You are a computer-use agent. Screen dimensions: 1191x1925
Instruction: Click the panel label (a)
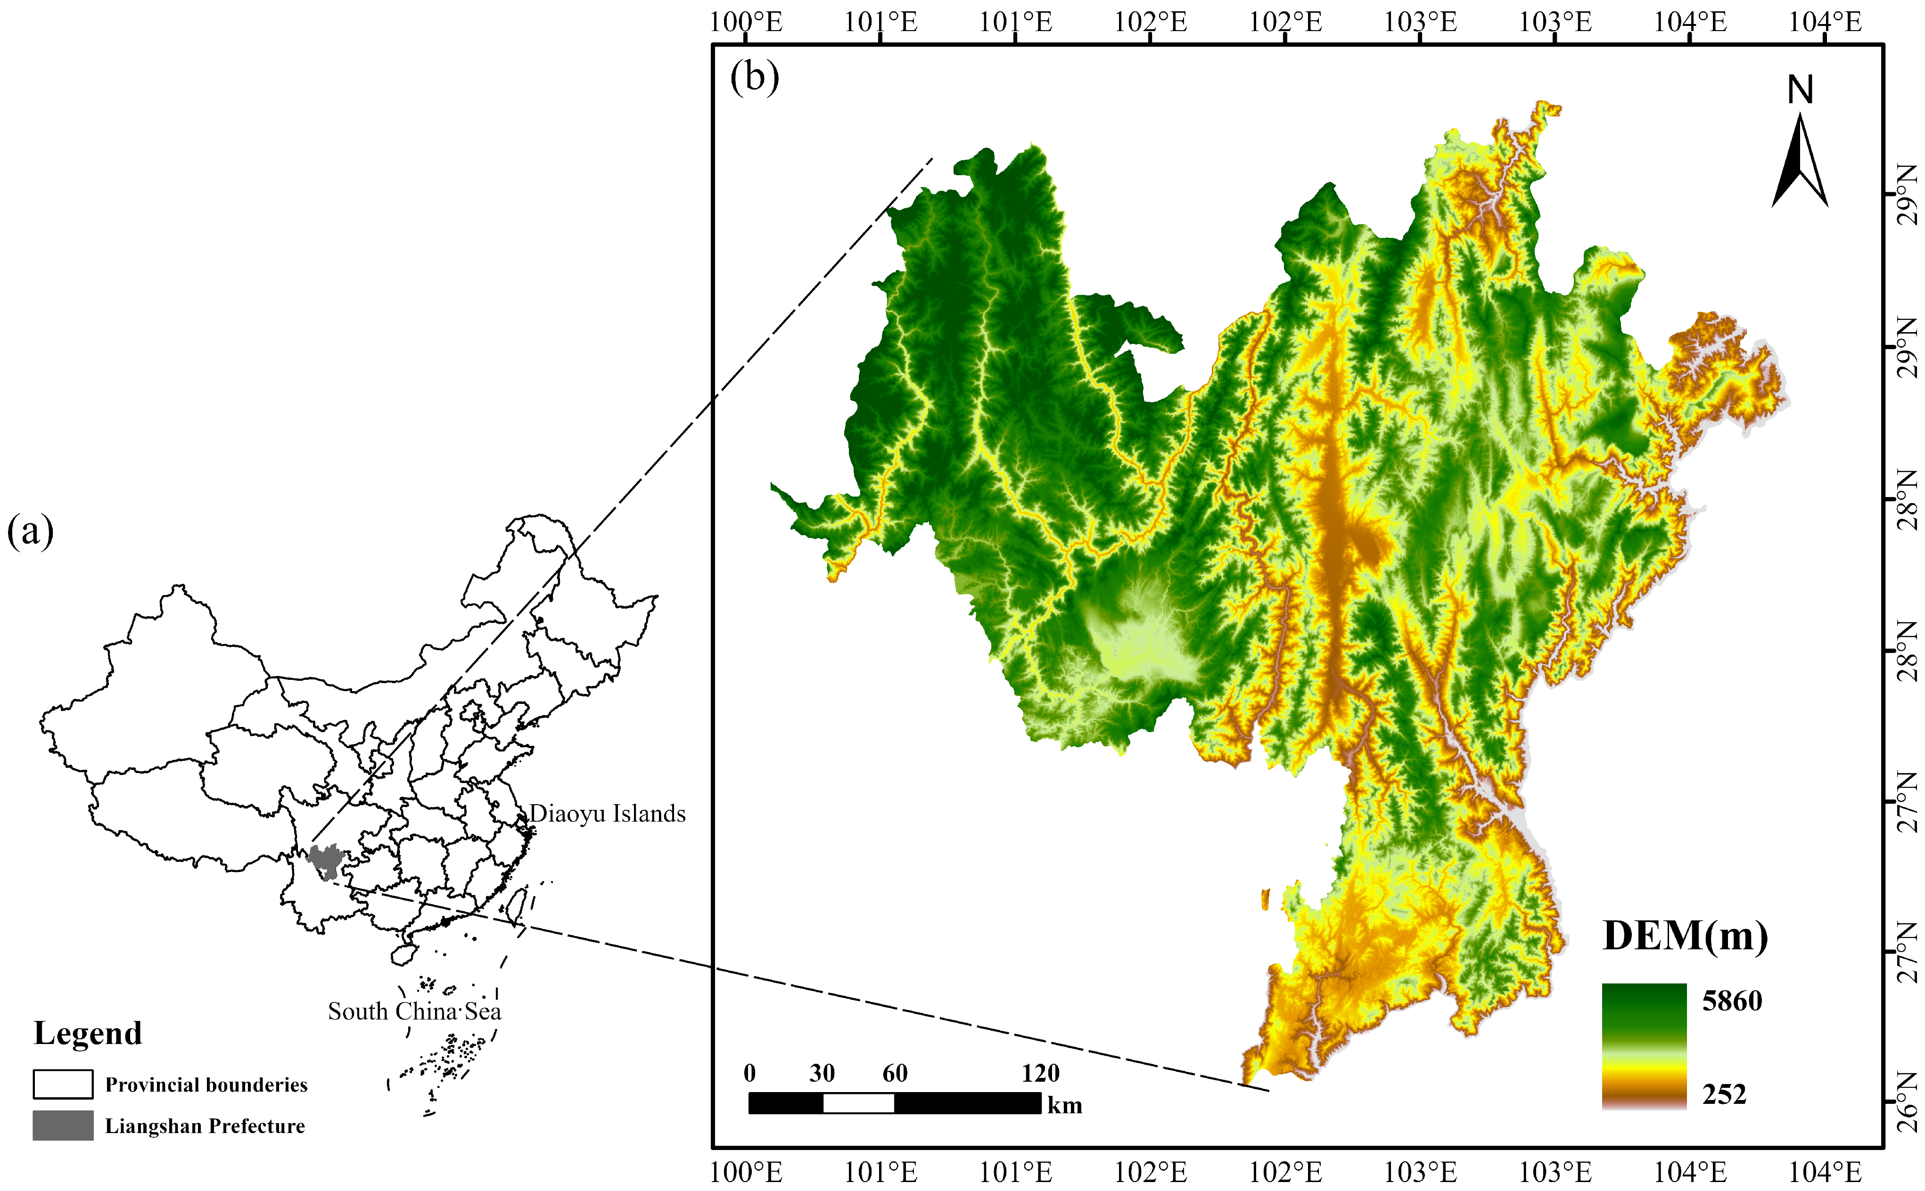click(30, 532)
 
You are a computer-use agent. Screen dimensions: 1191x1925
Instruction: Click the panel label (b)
click(754, 77)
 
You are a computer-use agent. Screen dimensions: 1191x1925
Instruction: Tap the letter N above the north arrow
click(1800, 90)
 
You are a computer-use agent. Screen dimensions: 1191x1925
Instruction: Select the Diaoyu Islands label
click(607, 814)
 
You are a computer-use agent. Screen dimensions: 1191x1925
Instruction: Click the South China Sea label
click(414, 1012)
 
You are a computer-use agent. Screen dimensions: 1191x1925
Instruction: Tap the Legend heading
click(88, 1034)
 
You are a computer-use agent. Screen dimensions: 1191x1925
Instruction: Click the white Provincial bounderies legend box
click(63, 1084)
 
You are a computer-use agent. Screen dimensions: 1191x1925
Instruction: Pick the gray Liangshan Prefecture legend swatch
click(63, 1126)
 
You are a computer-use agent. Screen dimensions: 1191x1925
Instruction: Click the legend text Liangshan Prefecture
click(205, 1126)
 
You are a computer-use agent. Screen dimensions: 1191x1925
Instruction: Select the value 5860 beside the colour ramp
click(1732, 1001)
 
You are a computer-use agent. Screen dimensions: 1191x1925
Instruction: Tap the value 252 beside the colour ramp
click(1725, 1094)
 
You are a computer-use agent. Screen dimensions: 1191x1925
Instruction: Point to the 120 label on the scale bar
click(1040, 1073)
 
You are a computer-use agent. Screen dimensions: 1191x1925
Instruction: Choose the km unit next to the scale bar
click(1064, 1105)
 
